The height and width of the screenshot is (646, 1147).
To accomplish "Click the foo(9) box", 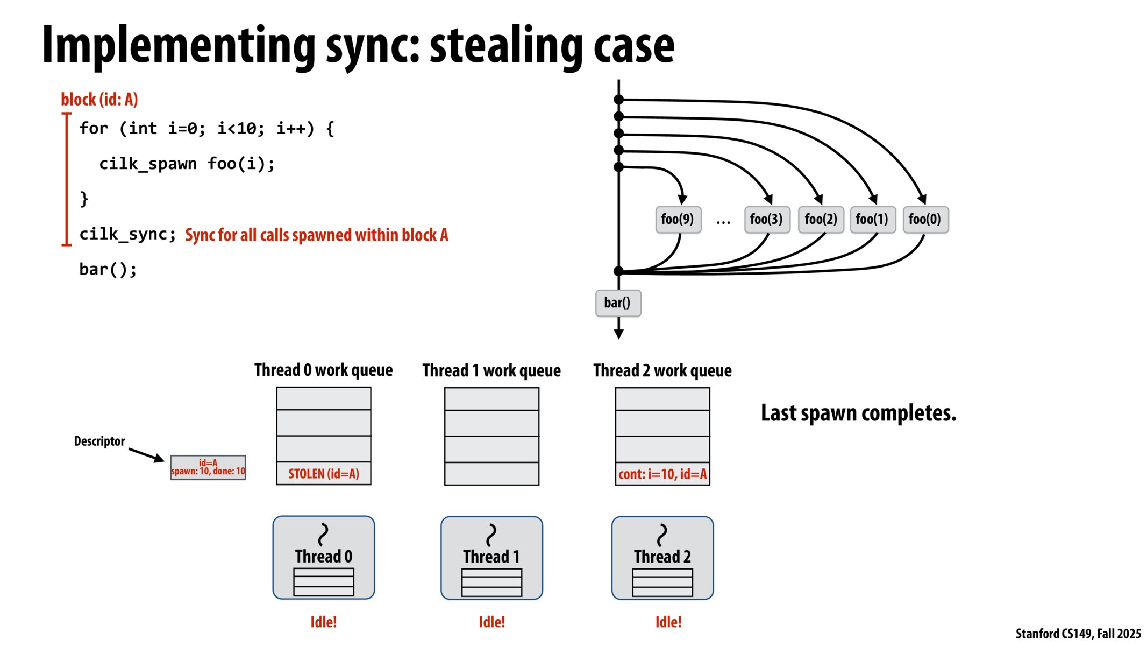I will pyautogui.click(x=678, y=219).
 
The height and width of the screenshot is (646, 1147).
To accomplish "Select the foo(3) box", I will pyautogui.click(x=766, y=219).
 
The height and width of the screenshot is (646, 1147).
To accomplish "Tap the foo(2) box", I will pyautogui.click(x=821, y=219).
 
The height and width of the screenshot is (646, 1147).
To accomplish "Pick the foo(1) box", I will pyautogui.click(x=872, y=219).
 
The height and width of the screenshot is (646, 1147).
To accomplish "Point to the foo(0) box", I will pyautogui.click(x=925, y=219).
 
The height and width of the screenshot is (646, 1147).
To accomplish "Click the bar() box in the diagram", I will pyautogui.click(x=617, y=303).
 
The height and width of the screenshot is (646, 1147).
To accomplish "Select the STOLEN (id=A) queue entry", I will pyautogui.click(x=323, y=474).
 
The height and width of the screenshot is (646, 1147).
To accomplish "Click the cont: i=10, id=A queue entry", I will pyautogui.click(x=662, y=474).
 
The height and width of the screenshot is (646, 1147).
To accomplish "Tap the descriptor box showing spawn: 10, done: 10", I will pyautogui.click(x=208, y=467).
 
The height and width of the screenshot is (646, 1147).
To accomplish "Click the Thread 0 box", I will pyautogui.click(x=323, y=557).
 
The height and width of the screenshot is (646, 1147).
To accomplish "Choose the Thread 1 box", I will pyautogui.click(x=491, y=557).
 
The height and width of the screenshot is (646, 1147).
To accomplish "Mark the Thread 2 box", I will pyautogui.click(x=662, y=557).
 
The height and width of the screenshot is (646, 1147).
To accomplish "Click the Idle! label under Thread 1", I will pyautogui.click(x=491, y=622).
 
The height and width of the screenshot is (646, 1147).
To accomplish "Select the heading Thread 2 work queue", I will pyautogui.click(x=662, y=370).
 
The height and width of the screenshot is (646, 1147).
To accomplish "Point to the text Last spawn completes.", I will pyautogui.click(x=858, y=413).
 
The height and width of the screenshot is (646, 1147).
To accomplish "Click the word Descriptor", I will pyautogui.click(x=99, y=441).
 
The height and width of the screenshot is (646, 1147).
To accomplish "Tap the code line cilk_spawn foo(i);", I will pyautogui.click(x=187, y=164).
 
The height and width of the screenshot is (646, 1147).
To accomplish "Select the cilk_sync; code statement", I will pyautogui.click(x=127, y=234).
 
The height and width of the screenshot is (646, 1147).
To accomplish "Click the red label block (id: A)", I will pyautogui.click(x=99, y=100).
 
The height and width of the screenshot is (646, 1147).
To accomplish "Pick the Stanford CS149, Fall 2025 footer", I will pyautogui.click(x=1078, y=634).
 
